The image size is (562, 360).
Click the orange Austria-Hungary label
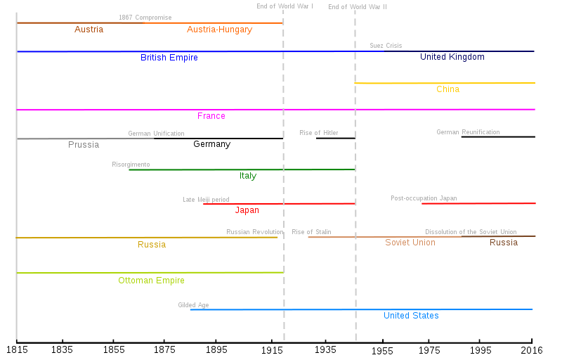click(219, 30)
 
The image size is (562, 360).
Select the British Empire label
click(169, 58)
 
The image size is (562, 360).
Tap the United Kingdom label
click(452, 57)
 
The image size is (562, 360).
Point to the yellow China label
click(447, 89)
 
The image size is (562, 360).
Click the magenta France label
click(211, 116)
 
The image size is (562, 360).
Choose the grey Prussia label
click(84, 145)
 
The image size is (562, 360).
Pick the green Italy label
click(248, 176)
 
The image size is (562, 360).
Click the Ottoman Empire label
click(151, 281)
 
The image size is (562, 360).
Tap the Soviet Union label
click(410, 243)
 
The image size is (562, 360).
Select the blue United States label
click(411, 316)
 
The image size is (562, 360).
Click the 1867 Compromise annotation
click(145, 18)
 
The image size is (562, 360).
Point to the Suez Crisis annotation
click(386, 46)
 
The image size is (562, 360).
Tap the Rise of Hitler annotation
click(319, 133)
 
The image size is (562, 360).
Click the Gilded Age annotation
click(193, 305)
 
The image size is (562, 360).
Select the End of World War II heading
click(358, 7)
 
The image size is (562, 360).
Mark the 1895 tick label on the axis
click(216, 349)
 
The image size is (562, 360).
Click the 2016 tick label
click(532, 350)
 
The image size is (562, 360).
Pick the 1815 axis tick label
click(17, 349)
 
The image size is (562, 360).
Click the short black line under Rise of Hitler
click(336, 138)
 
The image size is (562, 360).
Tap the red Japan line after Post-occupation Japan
click(478, 203)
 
